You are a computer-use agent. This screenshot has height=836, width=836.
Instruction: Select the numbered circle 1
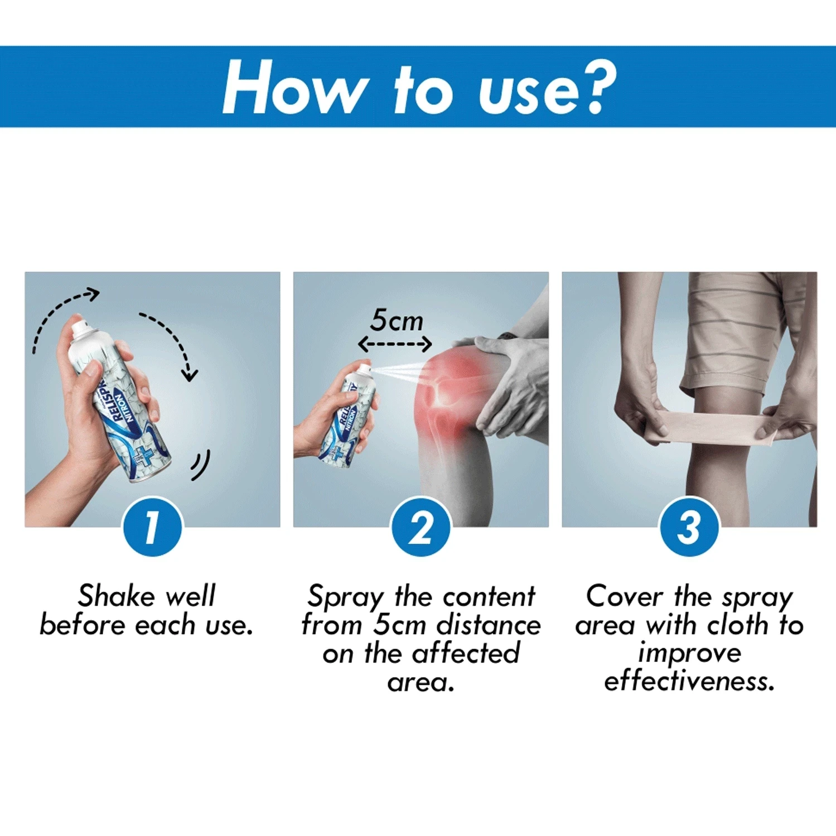point(152,526)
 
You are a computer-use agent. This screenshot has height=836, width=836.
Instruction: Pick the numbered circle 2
point(421,526)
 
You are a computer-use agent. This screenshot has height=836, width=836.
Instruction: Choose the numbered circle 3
point(689,526)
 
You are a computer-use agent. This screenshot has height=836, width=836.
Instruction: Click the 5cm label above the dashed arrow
point(397,320)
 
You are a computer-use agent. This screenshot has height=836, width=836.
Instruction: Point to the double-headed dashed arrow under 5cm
point(395,344)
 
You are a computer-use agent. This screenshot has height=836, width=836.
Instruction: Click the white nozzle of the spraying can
point(365,368)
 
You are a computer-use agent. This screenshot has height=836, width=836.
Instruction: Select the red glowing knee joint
point(446,390)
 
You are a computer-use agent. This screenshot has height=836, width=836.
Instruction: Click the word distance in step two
point(489,625)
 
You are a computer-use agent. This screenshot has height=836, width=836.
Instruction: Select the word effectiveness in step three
point(689,680)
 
